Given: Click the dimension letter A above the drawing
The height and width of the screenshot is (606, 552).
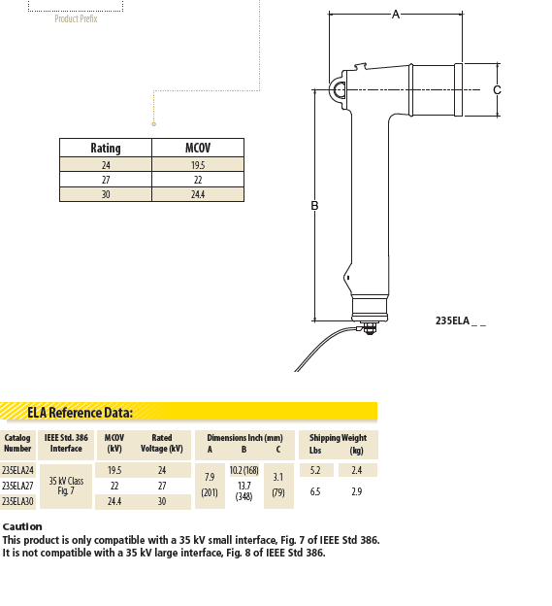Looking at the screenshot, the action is [396, 15].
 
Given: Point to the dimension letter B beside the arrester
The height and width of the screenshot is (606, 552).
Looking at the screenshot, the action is [314, 205].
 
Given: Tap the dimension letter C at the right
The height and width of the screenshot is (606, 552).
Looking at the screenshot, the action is [497, 89].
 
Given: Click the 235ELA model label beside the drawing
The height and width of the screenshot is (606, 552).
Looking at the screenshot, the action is [461, 320].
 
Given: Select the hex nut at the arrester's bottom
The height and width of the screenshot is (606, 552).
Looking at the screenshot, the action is [370, 329].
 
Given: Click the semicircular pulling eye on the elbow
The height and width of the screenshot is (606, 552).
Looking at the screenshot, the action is [337, 89].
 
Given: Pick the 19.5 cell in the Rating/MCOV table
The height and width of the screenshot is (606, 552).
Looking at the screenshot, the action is [198, 165].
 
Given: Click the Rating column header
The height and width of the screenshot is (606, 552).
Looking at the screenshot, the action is [106, 148].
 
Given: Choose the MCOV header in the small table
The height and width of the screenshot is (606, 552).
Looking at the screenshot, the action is [198, 148].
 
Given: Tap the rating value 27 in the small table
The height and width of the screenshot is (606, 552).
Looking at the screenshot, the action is [106, 180].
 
